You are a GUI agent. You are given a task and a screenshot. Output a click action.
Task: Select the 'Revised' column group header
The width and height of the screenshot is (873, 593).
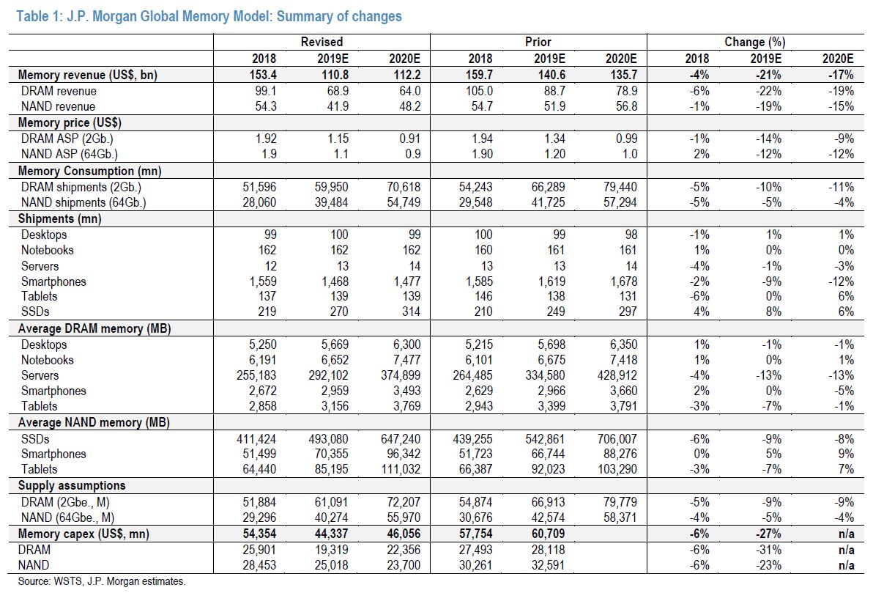[x=322, y=42]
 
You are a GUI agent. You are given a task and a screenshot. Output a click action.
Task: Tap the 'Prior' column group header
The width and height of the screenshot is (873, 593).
[x=538, y=42]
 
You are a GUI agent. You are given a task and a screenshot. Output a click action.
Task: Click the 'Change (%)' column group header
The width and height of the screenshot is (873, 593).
[x=755, y=42]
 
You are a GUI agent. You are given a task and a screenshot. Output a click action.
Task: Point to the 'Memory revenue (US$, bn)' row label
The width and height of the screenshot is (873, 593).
[x=87, y=75]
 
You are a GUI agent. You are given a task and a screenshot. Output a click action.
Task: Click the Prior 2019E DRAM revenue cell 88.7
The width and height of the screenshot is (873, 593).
[x=554, y=91]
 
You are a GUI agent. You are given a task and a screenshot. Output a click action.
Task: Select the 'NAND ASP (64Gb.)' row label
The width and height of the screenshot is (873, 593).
[x=70, y=155]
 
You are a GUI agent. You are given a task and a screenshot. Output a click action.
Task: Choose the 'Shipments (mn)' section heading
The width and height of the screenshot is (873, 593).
[x=59, y=219]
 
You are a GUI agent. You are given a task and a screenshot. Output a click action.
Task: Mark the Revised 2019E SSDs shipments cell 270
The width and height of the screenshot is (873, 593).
[x=338, y=312]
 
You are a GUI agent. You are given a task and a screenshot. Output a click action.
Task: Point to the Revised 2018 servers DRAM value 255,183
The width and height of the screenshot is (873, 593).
[x=256, y=375]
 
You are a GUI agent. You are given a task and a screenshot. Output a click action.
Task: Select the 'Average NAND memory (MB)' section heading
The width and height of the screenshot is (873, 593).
[x=94, y=422]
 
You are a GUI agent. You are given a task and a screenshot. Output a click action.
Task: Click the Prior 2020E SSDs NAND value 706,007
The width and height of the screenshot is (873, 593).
[x=617, y=439]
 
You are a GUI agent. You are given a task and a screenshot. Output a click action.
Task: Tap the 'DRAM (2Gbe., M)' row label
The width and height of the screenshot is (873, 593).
[x=65, y=502]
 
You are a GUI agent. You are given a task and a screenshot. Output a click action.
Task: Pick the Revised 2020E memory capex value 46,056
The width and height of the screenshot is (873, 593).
[x=404, y=534]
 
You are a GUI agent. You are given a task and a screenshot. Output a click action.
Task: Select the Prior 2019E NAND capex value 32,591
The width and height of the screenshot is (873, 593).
[x=548, y=565]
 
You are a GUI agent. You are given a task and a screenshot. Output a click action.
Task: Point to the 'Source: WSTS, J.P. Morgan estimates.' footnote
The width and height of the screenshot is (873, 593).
[x=102, y=581]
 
